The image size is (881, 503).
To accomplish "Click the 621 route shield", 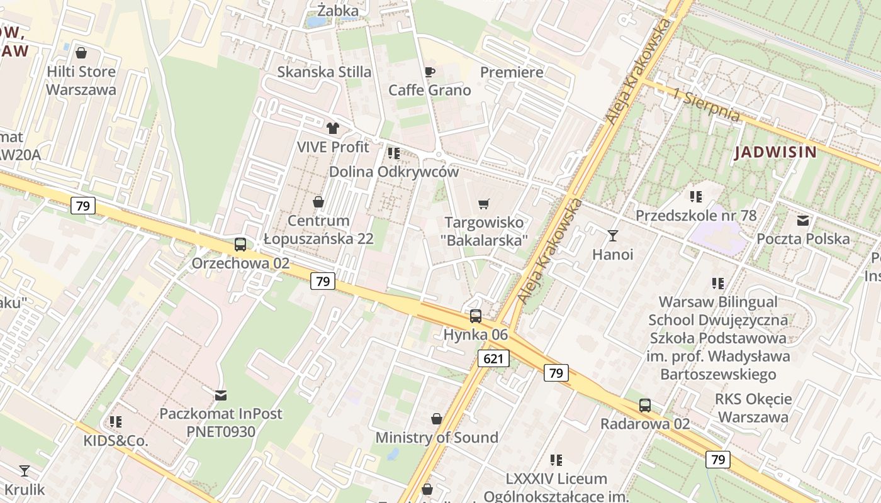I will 493,358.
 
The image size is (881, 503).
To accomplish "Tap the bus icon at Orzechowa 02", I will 240,245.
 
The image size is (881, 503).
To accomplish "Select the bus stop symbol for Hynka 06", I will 476,316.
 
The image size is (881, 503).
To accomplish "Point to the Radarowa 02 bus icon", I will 645,406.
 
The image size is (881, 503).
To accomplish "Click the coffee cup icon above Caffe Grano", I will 430,72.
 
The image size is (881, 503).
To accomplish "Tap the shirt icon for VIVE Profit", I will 333,128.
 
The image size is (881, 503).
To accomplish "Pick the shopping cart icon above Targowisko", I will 483,204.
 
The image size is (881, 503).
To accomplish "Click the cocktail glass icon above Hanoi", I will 613,236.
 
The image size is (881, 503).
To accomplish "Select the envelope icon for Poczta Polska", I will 803,221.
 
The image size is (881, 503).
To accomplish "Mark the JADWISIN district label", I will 775,152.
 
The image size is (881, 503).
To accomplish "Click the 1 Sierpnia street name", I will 705,105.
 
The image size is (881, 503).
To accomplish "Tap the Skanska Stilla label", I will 324,72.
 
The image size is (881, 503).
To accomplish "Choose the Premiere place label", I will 512,72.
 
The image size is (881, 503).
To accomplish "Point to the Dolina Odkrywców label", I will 394,172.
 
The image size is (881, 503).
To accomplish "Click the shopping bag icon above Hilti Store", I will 81,53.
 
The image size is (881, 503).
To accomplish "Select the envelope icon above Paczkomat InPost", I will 221,395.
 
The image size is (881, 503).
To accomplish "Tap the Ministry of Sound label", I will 437,438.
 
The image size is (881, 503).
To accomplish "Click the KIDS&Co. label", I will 116,441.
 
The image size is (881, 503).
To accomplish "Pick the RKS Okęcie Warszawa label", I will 753,407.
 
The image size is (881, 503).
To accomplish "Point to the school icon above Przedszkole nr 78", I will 695,197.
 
